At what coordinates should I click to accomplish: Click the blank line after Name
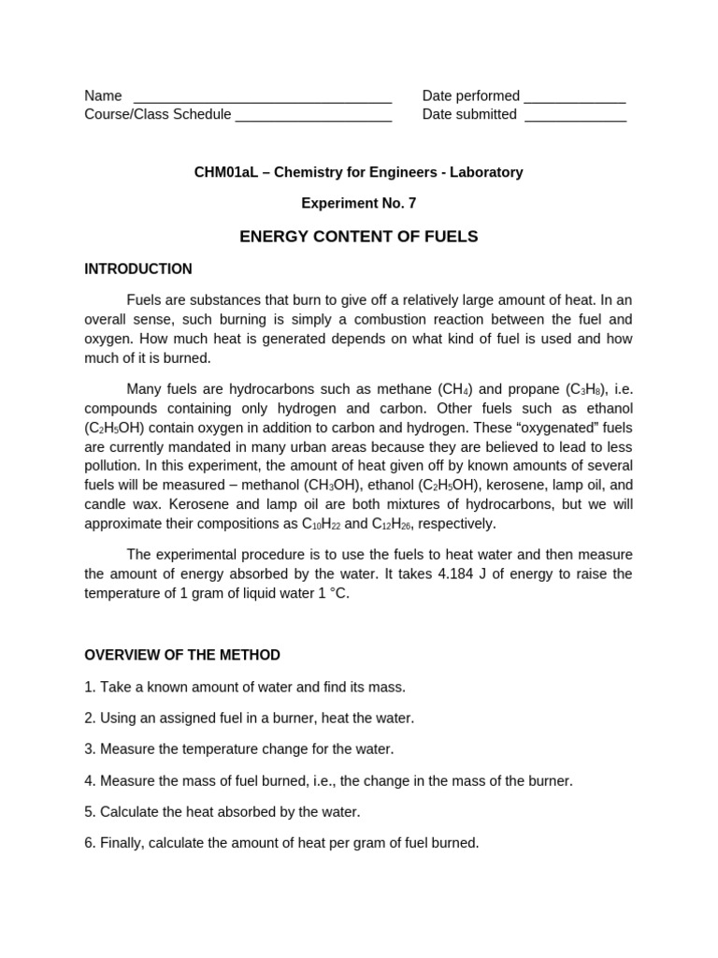(x=263, y=98)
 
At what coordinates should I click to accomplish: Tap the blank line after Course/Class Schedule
(x=313, y=117)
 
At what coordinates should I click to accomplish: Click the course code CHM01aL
(x=224, y=172)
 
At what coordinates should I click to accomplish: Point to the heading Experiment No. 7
(x=358, y=202)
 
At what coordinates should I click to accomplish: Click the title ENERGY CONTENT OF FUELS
(x=358, y=237)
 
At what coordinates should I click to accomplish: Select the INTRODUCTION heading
(x=138, y=269)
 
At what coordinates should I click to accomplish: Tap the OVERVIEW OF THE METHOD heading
(x=182, y=655)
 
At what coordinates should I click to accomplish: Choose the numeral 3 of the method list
(x=89, y=749)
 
